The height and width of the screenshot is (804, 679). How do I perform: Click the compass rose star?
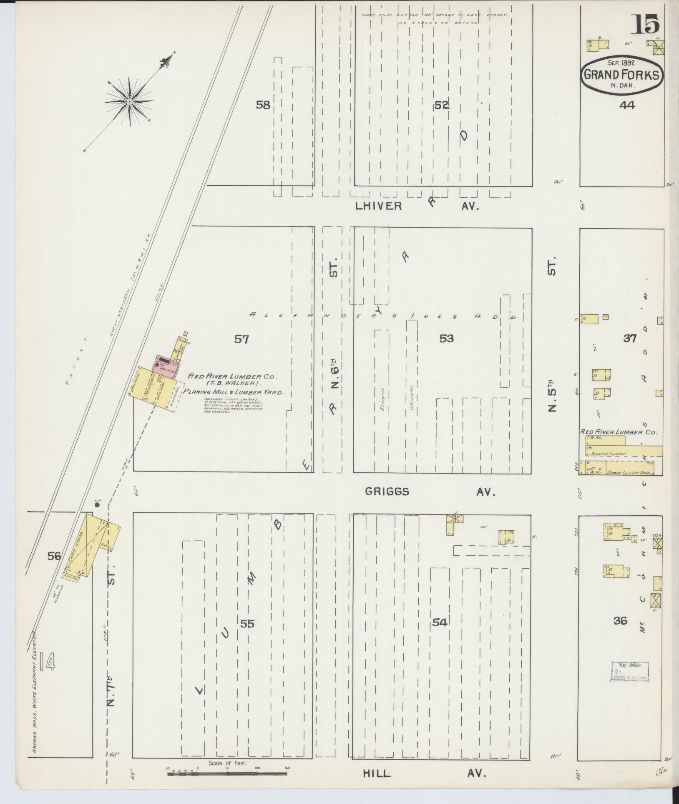point(129,101)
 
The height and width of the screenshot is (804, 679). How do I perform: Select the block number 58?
point(263,105)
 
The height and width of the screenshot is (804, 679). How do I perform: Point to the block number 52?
point(442,106)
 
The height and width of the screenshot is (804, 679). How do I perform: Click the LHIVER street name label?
point(379,206)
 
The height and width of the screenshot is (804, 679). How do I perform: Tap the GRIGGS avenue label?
point(387,492)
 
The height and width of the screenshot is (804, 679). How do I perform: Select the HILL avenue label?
point(377,773)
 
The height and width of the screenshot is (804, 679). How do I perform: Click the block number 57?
point(241,339)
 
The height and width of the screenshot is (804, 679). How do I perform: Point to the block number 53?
point(446,338)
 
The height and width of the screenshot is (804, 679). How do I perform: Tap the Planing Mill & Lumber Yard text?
point(234,392)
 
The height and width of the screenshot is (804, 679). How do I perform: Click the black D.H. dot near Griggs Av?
point(97,504)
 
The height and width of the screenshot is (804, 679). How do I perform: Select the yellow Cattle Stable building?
point(92,544)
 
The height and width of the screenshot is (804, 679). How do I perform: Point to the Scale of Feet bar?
point(227,774)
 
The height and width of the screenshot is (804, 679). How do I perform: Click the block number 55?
point(247,635)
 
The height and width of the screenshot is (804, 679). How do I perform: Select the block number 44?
point(627,106)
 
